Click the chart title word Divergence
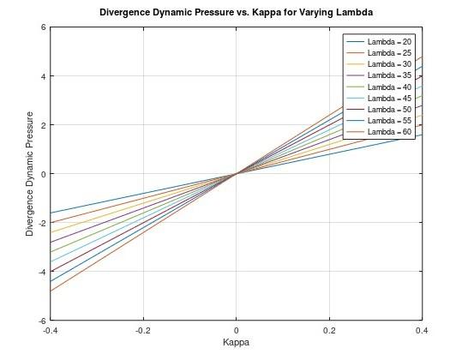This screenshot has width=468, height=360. coord(129,13)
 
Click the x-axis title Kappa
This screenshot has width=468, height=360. coord(236,342)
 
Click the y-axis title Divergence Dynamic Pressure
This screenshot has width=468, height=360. coord(30,174)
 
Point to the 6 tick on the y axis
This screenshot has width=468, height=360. coord(43,27)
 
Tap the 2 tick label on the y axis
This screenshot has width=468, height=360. coord(43,125)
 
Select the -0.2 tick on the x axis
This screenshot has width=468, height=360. coord(143,329)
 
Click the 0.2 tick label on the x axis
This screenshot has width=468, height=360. coord(329,329)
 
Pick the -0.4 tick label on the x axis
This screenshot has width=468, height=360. coord(51,329)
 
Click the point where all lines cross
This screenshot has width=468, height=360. coord(236,174)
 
